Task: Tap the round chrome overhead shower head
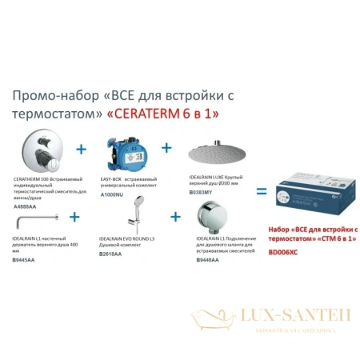(211, 153)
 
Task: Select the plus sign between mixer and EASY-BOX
(80, 149)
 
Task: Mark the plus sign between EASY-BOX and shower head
(166, 149)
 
